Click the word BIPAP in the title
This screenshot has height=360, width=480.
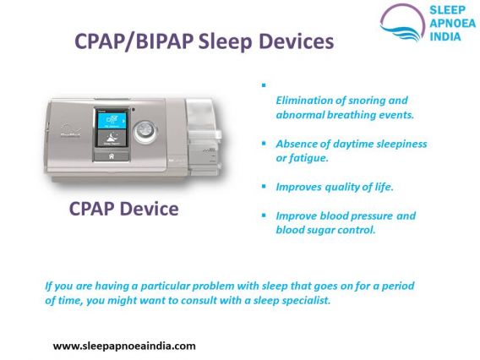coord(164,41)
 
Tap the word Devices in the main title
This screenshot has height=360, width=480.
coord(297,41)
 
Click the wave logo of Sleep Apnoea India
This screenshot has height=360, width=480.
coord(402,22)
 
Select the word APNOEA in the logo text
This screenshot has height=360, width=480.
coord(452,24)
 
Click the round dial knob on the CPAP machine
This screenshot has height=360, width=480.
coord(145,131)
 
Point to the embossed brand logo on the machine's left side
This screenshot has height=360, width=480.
coord(70,130)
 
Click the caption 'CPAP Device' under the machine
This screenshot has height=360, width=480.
coord(123,209)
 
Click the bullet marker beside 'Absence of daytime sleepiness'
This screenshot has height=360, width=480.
coord(264,143)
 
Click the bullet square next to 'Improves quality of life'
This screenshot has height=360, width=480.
coord(264,186)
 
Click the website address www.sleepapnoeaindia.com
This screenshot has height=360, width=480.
coord(124,346)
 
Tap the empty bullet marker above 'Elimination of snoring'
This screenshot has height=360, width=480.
coord(264,85)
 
